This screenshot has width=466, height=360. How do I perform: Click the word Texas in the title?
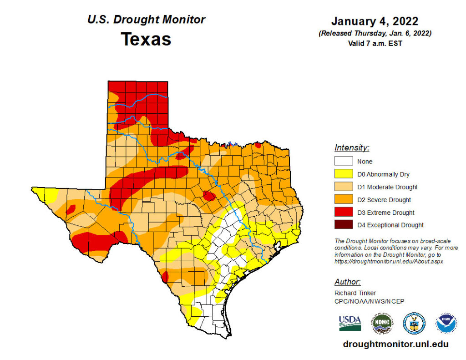tap(146, 39)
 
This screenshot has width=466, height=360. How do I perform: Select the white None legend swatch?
tap(344, 161)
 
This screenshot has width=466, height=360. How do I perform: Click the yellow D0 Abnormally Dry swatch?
tap(344, 174)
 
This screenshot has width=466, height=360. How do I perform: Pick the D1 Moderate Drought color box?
tap(344, 187)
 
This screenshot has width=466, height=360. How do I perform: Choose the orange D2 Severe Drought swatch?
tap(344, 199)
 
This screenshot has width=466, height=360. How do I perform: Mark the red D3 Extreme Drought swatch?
tap(344, 212)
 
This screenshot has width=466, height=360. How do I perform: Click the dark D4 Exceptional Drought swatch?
tap(344, 225)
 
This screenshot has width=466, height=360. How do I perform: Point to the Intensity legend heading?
tap(352, 147)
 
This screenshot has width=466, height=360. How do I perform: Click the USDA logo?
tap(349, 323)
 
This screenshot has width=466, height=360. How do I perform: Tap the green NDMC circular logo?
tap(382, 323)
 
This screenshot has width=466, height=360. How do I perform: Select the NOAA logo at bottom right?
tap(446, 323)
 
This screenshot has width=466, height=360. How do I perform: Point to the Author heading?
tap(348, 281)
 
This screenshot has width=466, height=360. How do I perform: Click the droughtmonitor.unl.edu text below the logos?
tap(395, 345)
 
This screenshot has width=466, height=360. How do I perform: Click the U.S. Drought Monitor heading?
tap(146, 20)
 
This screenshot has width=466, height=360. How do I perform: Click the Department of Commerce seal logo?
tap(414, 323)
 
